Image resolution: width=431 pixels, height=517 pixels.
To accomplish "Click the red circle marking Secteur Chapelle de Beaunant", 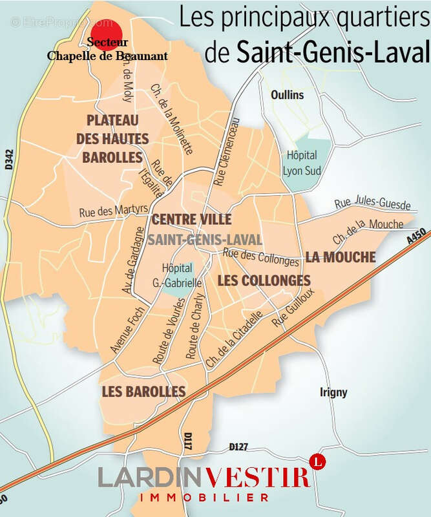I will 106,34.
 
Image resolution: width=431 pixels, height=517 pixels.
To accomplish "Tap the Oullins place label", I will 287,94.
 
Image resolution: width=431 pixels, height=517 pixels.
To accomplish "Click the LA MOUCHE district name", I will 341,257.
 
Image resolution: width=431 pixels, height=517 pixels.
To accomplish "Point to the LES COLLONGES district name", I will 264,280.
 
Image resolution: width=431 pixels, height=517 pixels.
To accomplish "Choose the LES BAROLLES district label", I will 143,391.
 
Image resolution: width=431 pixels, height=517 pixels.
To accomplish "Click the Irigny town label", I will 333,392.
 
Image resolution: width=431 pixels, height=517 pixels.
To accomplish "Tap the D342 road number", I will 9,160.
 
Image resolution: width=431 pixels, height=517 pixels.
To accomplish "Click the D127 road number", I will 239,447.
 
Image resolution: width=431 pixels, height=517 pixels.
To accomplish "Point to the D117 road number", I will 189,443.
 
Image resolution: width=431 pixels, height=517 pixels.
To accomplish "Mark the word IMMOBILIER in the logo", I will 204,498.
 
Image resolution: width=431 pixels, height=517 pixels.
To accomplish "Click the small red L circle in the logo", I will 317,461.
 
